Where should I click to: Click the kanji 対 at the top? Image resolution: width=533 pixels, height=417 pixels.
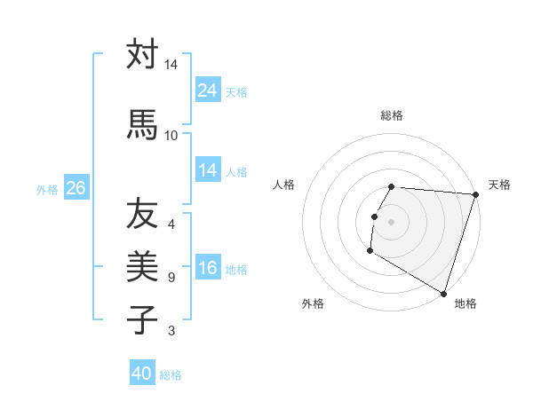click(142, 55)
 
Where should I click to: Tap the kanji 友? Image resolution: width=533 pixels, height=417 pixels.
click(142, 213)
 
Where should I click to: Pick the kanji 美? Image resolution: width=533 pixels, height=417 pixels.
click(142, 266)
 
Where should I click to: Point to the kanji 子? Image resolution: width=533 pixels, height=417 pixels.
click(142, 319)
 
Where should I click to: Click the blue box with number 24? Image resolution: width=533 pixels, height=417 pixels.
click(207, 90)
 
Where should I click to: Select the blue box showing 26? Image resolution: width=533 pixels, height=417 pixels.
click(76, 188)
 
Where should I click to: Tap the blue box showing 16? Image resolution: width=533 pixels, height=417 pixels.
click(207, 269)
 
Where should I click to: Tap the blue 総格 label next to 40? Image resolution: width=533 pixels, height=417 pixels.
click(171, 375)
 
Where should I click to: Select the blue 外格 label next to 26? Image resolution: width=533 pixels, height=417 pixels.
click(47, 189)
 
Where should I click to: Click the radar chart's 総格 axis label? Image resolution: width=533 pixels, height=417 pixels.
click(392, 115)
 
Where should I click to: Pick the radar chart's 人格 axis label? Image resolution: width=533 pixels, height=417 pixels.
click(284, 185)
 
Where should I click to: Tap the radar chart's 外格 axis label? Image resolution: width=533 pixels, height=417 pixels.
click(313, 303)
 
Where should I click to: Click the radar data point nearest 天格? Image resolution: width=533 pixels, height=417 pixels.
click(475, 195)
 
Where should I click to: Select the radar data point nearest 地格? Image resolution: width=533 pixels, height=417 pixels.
click(443, 292)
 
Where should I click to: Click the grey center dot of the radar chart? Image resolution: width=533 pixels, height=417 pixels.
click(392, 222)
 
